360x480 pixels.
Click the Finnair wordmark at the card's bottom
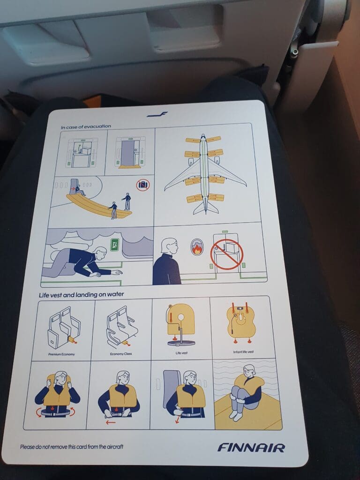pyautogui.click(x=251, y=448)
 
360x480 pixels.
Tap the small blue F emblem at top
pyautogui.click(x=157, y=114)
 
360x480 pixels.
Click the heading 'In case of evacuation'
pyautogui.click(x=86, y=126)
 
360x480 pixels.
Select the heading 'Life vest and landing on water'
pyautogui.click(x=82, y=294)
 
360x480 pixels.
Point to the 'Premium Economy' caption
pyautogui.click(x=61, y=354)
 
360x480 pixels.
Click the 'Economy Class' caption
pyautogui.click(x=121, y=354)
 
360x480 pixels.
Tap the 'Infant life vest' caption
pyautogui.click(x=243, y=352)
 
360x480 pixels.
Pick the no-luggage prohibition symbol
pyautogui.click(x=142, y=185)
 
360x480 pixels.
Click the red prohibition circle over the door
pyautogui.click(x=227, y=255)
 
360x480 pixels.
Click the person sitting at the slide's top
pyautogui.click(x=79, y=190)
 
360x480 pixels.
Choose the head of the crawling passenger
pyautogui.click(x=101, y=253)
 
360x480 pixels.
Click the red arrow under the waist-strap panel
pyautogui.click(x=111, y=423)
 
